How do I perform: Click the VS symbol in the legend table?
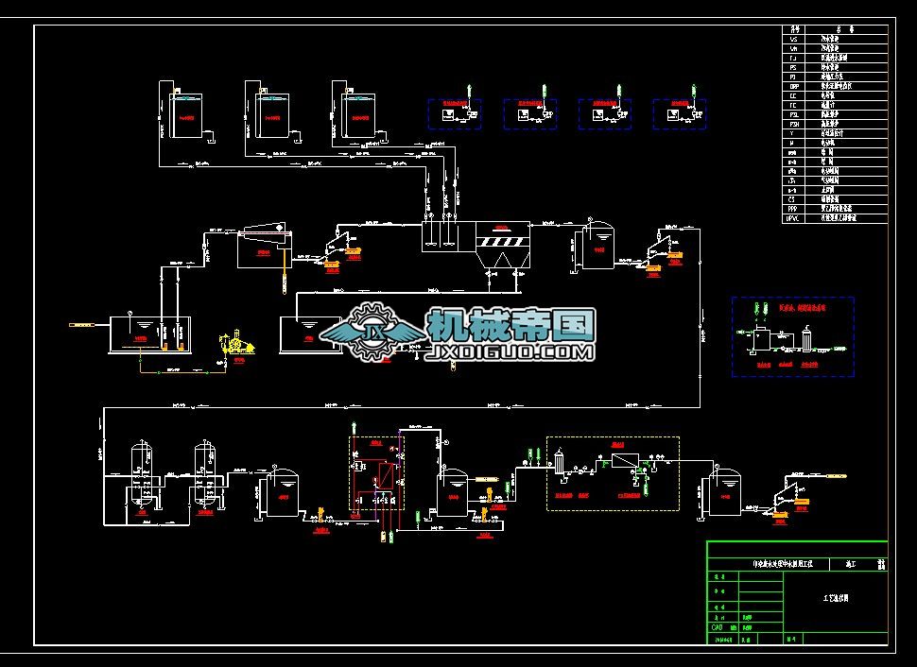[793, 39]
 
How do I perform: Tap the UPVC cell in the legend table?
[793, 218]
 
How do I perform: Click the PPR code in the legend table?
[793, 209]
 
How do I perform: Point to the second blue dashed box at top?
[528, 113]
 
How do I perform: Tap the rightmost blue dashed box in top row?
[678, 113]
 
